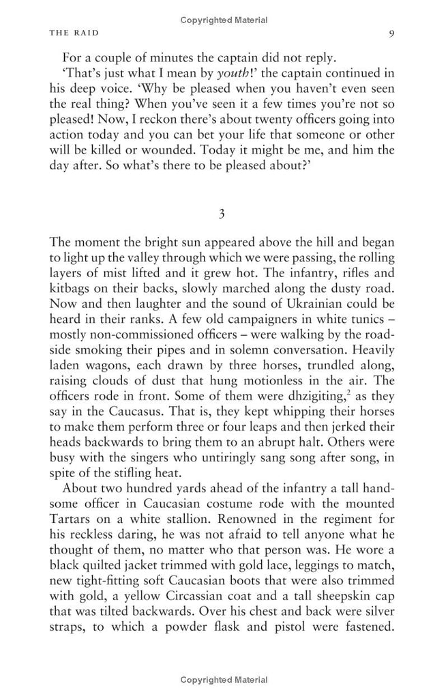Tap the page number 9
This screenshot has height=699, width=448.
387,34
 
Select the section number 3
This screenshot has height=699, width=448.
223,214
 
